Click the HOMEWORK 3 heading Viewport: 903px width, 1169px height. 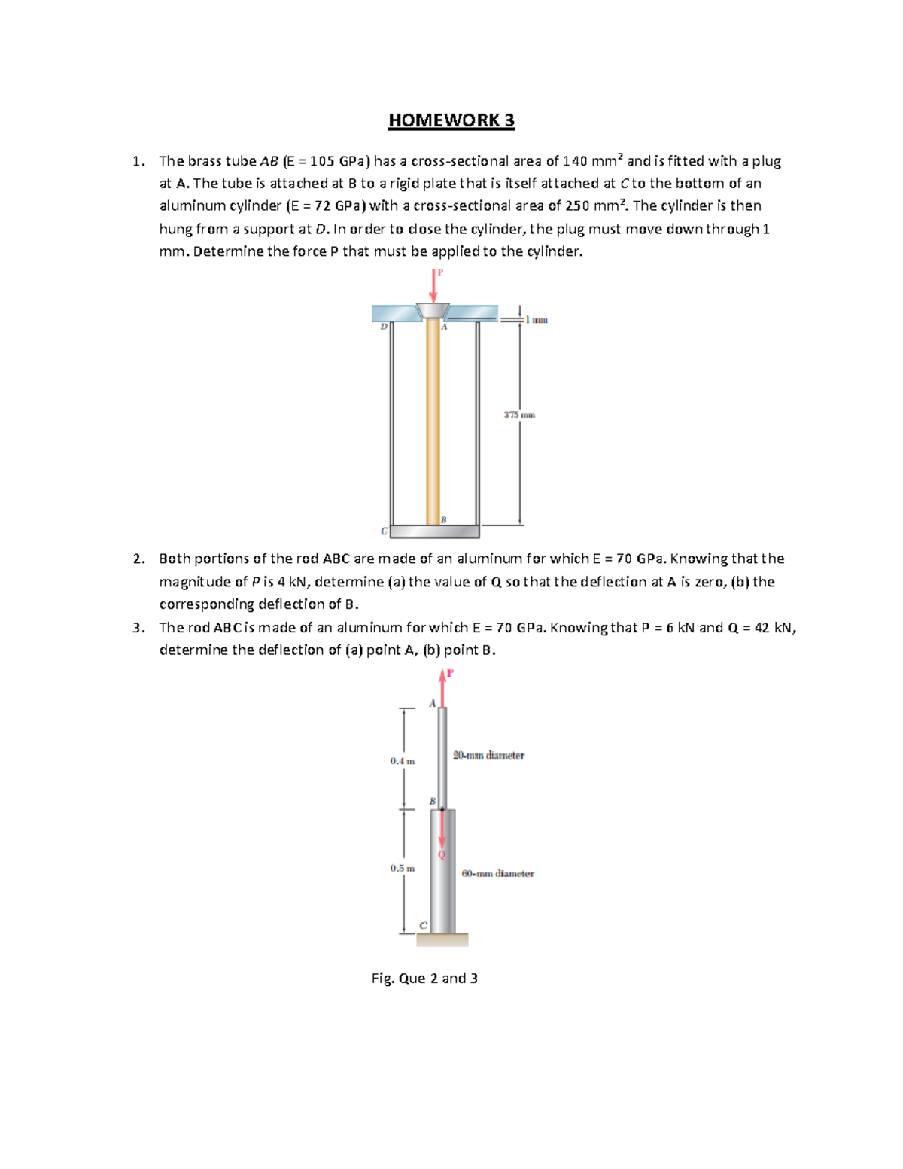point(451,120)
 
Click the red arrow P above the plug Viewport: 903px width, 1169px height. point(433,286)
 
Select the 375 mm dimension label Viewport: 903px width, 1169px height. point(519,415)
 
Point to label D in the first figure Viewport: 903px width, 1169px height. point(383,327)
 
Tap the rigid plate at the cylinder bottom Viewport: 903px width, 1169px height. point(435,531)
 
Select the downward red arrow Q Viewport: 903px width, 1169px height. point(442,832)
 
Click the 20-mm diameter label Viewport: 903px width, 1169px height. point(488,755)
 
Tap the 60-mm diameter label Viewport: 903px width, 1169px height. point(497,874)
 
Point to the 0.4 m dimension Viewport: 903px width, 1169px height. point(402,761)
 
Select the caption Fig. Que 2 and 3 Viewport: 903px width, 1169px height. point(424,979)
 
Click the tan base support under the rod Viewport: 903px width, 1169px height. point(442,939)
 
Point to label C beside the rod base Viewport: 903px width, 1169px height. point(423,925)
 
